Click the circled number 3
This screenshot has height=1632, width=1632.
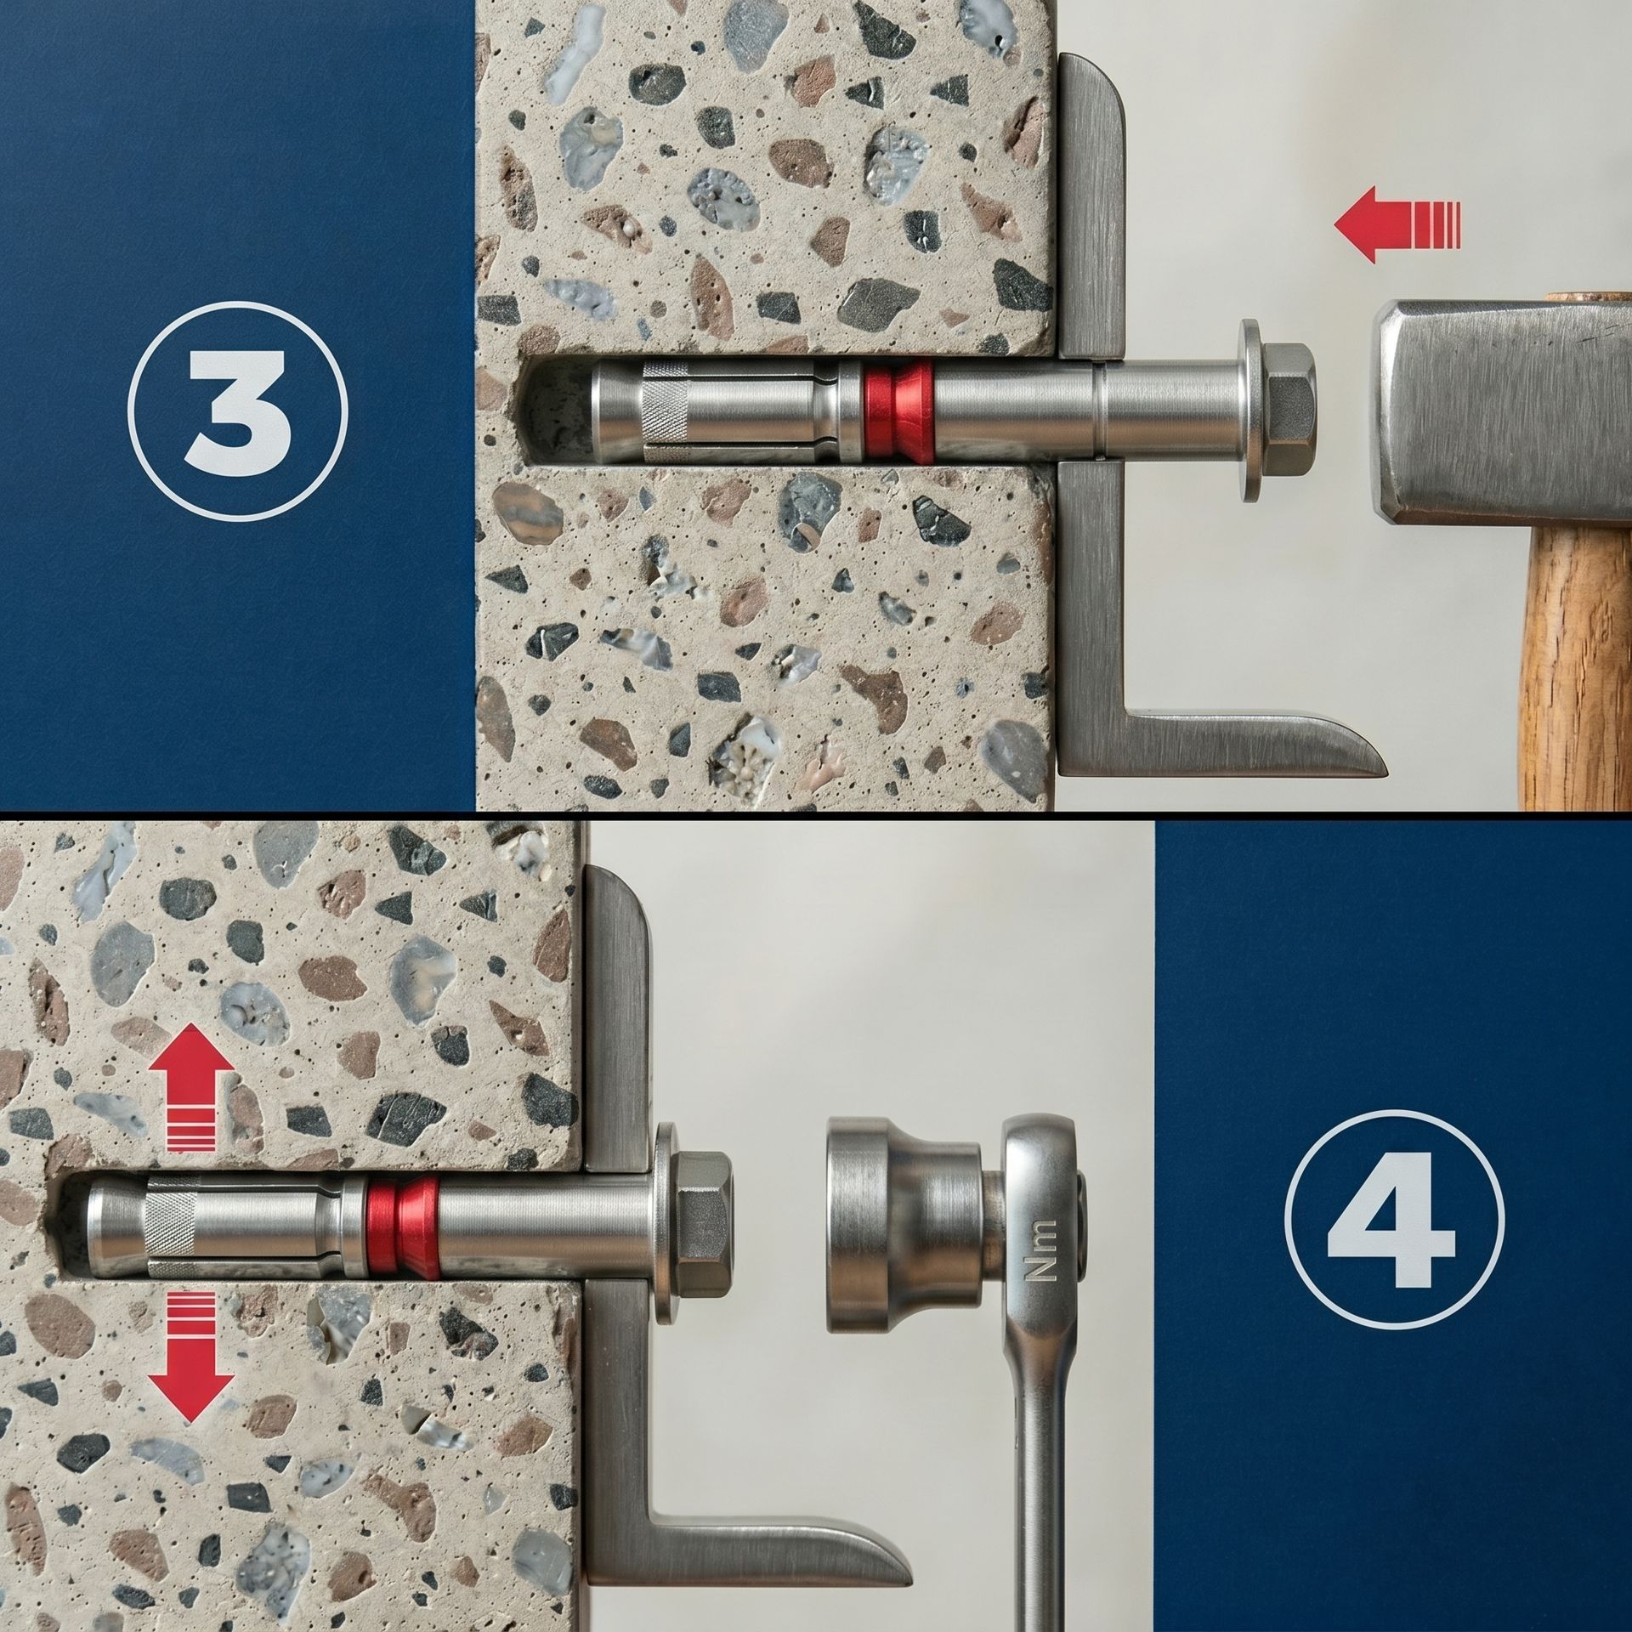click(238, 410)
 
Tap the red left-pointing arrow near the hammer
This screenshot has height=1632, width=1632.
click(1397, 225)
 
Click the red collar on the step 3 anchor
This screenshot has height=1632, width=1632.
click(897, 411)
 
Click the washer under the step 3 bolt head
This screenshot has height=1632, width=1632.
click(1249, 410)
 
